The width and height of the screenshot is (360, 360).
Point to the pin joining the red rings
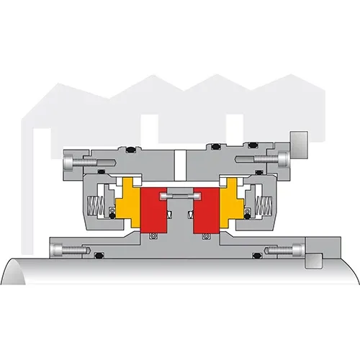tap(180, 195)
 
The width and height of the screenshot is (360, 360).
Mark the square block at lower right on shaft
tap(315, 258)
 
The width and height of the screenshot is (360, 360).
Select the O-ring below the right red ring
tap(208, 237)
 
